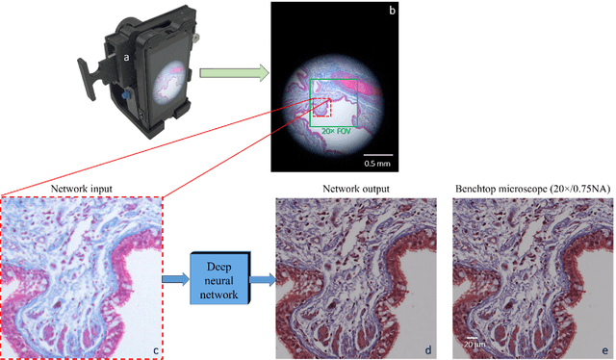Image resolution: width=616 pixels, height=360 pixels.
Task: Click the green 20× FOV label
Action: coord(337,130)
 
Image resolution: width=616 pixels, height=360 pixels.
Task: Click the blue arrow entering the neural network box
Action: coord(175,279)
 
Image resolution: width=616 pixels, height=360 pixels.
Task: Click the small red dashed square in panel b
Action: coord(321,104)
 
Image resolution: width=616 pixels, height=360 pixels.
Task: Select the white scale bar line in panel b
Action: coord(379,152)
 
